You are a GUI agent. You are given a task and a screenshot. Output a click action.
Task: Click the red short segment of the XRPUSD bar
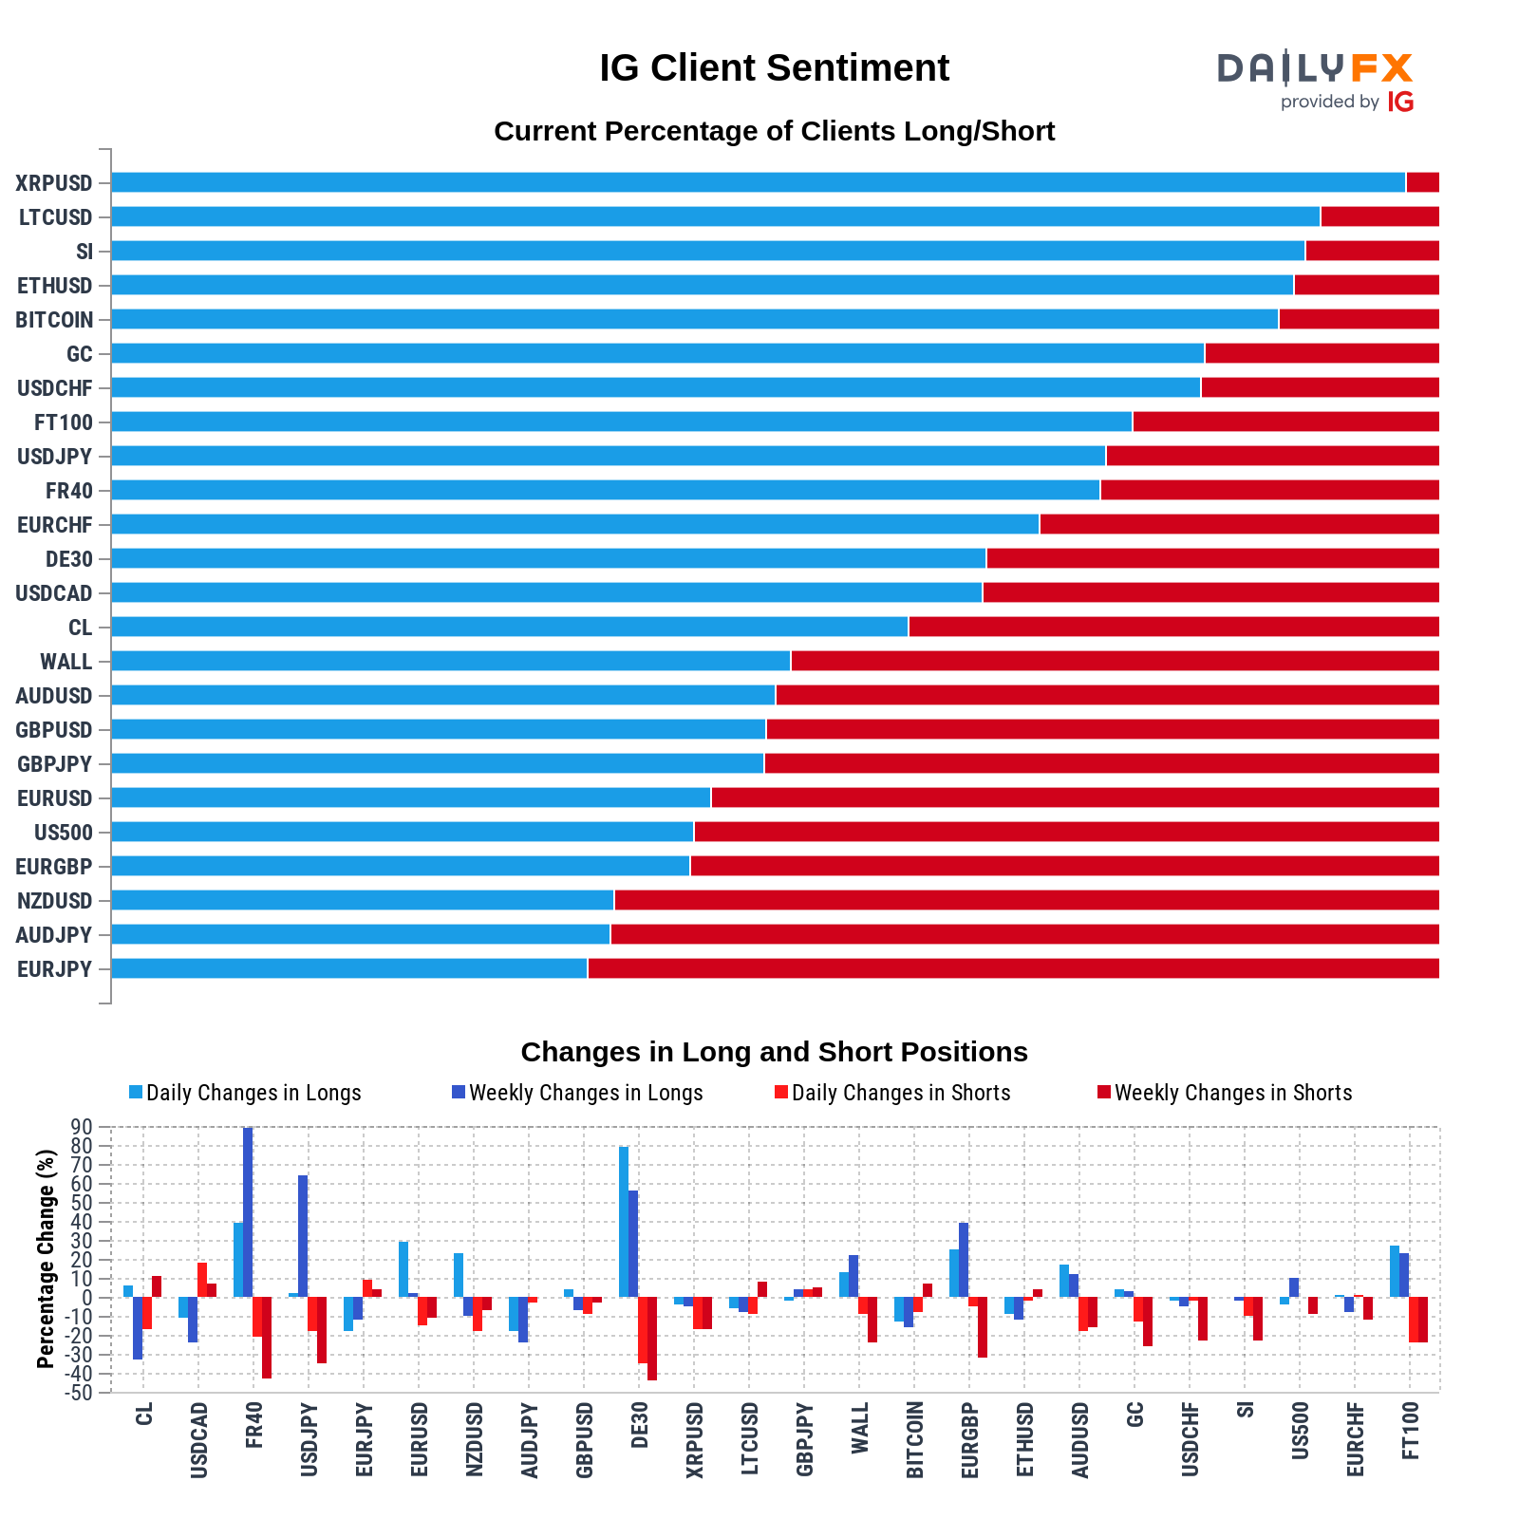(x=1422, y=182)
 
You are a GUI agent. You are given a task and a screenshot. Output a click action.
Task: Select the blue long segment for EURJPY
(x=348, y=968)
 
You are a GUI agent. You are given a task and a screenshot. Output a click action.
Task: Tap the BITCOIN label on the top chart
(x=54, y=320)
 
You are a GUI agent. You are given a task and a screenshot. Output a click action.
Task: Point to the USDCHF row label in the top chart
(x=54, y=388)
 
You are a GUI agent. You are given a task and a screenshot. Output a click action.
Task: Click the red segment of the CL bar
(x=1173, y=627)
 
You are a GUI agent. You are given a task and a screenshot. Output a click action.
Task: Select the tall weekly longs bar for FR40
(x=248, y=1211)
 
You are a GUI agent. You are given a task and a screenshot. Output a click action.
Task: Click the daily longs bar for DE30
(x=624, y=1221)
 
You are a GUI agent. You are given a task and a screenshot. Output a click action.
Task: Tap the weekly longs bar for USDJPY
(x=303, y=1236)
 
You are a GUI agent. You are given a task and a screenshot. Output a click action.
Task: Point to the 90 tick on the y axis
(x=82, y=1127)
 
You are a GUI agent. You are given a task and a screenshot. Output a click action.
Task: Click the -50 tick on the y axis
(x=80, y=1393)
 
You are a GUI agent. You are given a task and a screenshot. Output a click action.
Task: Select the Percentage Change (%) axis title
(x=46, y=1259)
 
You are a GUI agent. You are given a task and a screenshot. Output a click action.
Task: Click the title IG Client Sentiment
(x=774, y=68)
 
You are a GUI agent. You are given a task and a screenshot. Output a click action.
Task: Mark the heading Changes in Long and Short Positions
(x=774, y=1052)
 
